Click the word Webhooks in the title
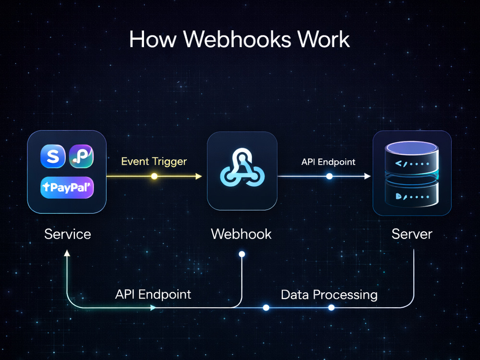[237, 39]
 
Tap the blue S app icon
[53, 156]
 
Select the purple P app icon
[81, 156]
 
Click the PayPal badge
[67, 187]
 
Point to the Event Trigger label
[154, 161]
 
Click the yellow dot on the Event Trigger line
[155, 176]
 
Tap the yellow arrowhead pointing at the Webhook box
[199, 176]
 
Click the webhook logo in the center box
[242, 168]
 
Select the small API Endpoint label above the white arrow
[328, 162]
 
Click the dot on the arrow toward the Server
[329, 176]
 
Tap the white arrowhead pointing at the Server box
[367, 176]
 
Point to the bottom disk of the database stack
[412, 193]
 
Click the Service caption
[68, 234]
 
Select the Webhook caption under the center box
[241, 234]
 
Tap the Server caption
[412, 234]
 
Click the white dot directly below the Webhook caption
[242, 254]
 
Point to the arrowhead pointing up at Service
[67, 253]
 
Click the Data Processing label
[329, 295]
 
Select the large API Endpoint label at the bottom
[153, 295]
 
